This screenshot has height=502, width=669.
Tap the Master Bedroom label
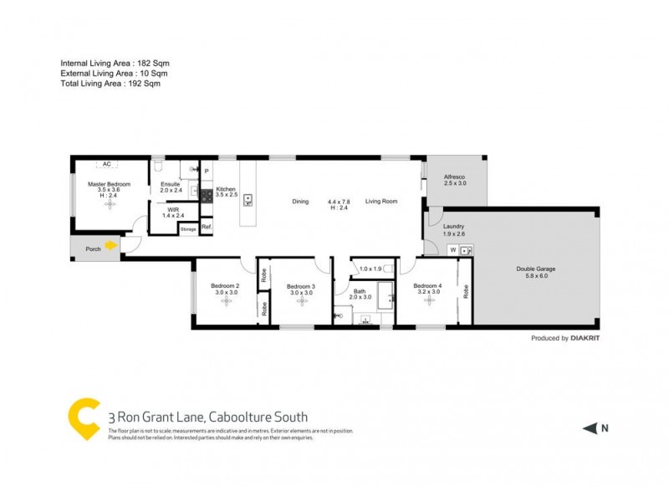pos(109,183)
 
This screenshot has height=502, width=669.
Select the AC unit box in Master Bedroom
pos(106,164)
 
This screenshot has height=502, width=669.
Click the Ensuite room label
pos(171,184)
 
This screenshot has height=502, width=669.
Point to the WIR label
pos(173,210)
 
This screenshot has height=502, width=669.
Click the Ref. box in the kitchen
pos(206,227)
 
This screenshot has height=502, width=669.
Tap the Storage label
pos(188,228)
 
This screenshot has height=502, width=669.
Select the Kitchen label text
pos(226,189)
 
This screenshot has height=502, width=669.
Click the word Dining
pos(300,201)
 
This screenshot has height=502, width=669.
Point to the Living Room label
pos(380,201)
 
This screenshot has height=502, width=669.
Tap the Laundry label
pos(454,226)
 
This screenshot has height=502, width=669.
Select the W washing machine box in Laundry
pos(452,249)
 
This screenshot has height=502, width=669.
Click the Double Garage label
pos(535,269)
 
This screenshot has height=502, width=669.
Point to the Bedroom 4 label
pos(426,286)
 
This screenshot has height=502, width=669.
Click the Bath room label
pos(358,291)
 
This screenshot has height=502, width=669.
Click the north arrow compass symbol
pos(590,428)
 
